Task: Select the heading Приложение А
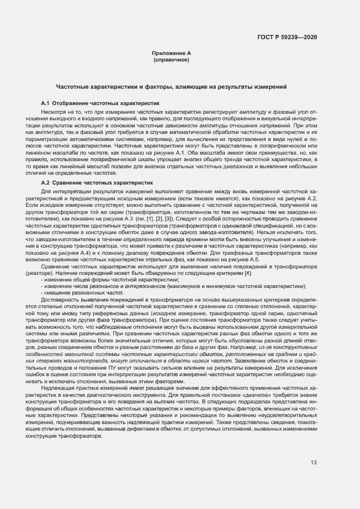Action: point(172,53)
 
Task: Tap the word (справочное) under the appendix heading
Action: point(172,59)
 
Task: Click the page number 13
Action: point(314,463)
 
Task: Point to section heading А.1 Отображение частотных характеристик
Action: point(100,102)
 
